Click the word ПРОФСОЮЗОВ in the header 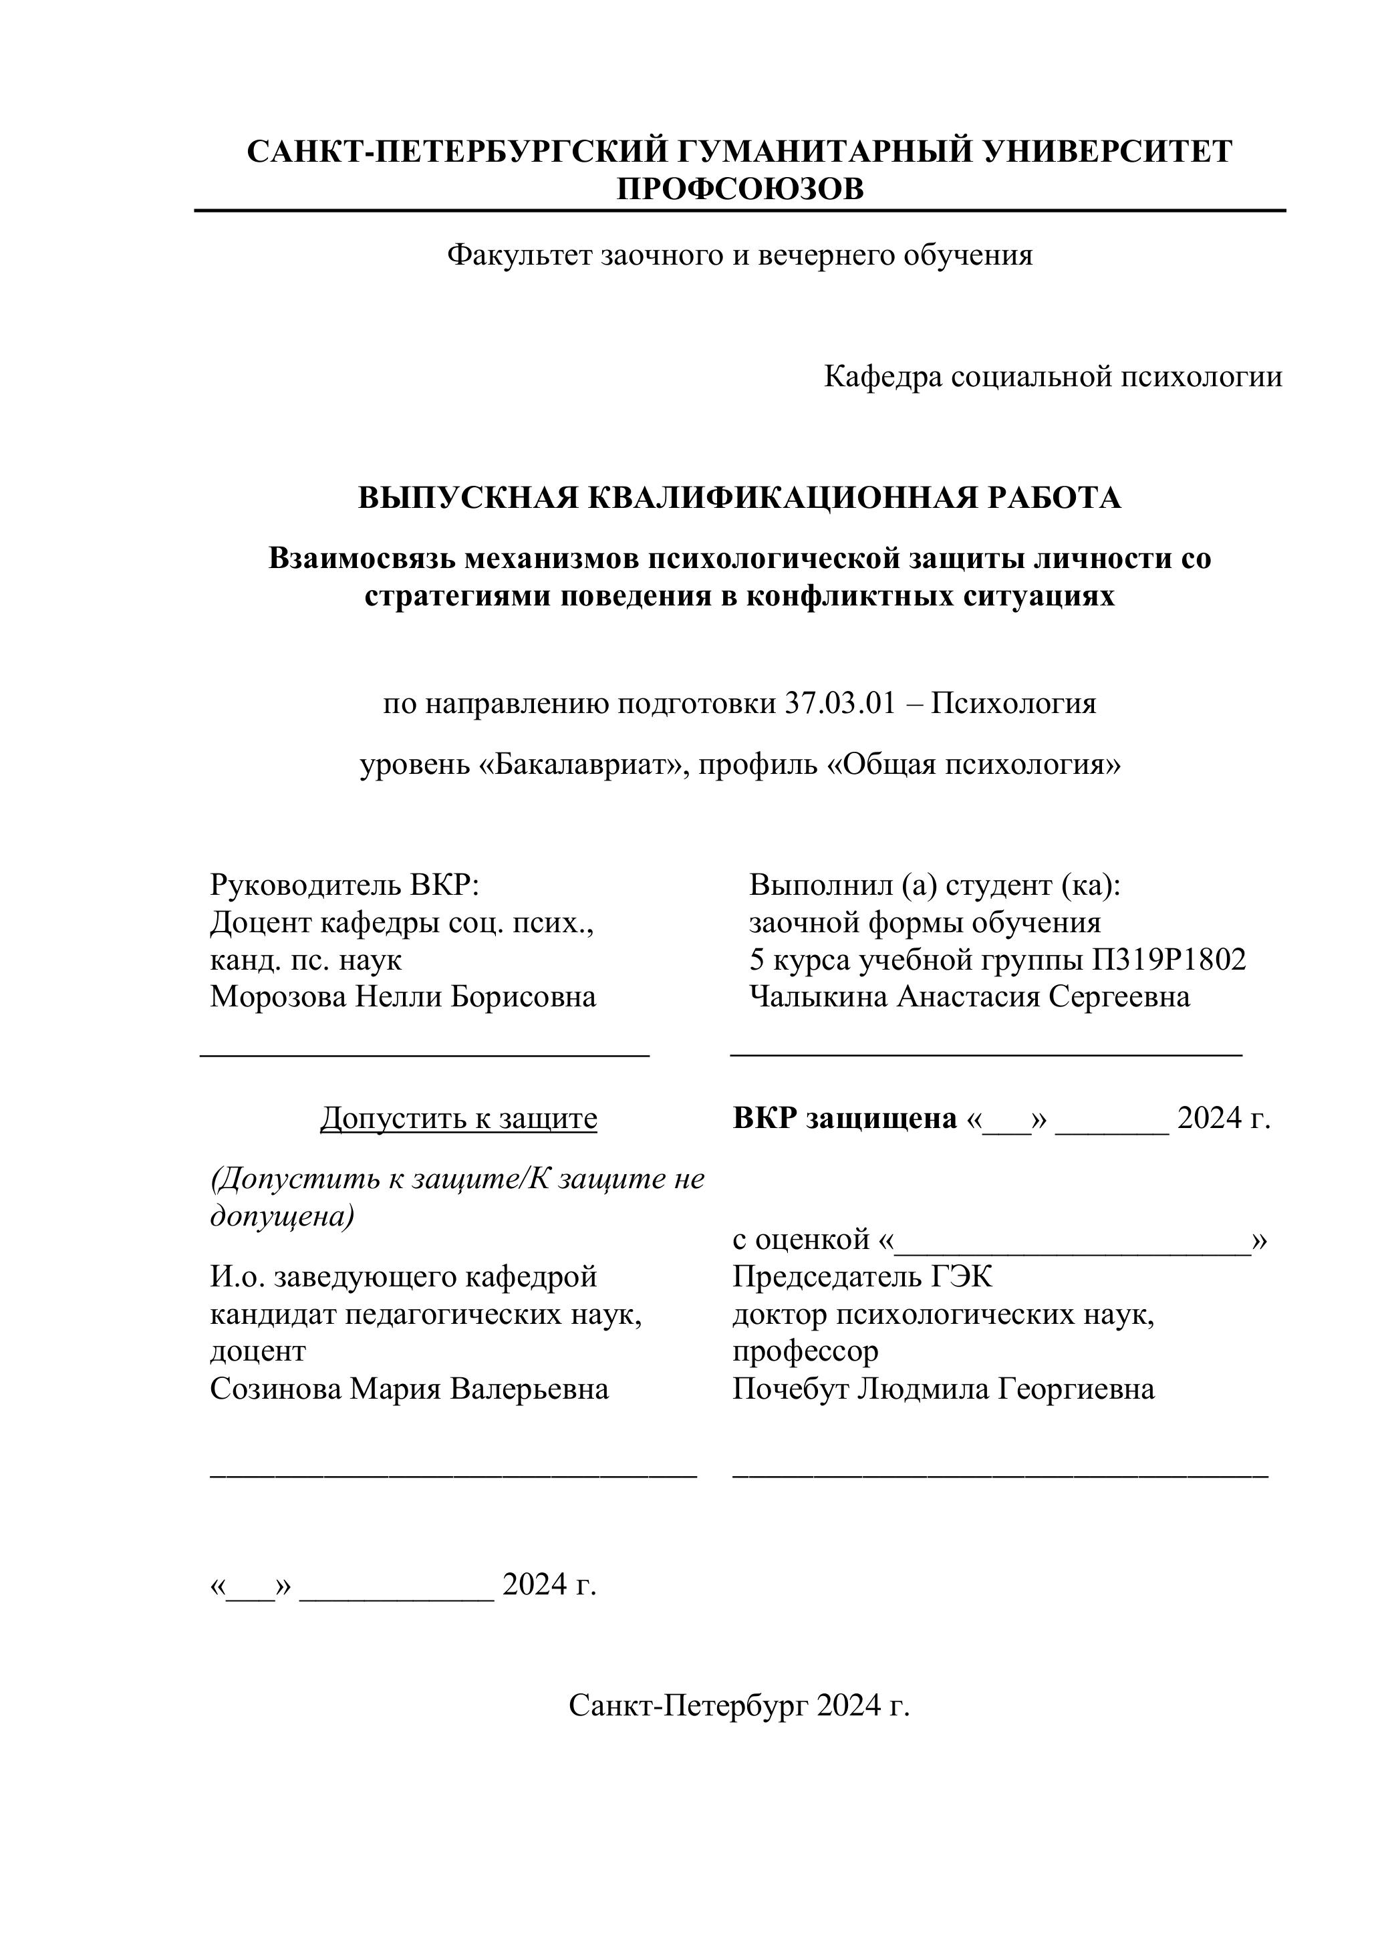pyautogui.click(x=740, y=189)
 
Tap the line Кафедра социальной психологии pyautogui.click(x=1053, y=376)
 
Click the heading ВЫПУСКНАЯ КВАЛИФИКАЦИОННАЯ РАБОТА pyautogui.click(x=740, y=498)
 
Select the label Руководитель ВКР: pyautogui.click(x=345, y=885)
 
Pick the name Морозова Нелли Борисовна pyautogui.click(x=402, y=996)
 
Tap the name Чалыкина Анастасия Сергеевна pyautogui.click(x=969, y=996)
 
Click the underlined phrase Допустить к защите pyautogui.click(x=458, y=1118)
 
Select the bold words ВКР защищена pyautogui.click(x=845, y=1118)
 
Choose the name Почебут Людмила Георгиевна pyautogui.click(x=944, y=1389)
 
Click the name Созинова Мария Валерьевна pyautogui.click(x=410, y=1389)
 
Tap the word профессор pyautogui.click(x=805, y=1351)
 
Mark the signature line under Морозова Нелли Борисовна pyautogui.click(x=424, y=1055)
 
